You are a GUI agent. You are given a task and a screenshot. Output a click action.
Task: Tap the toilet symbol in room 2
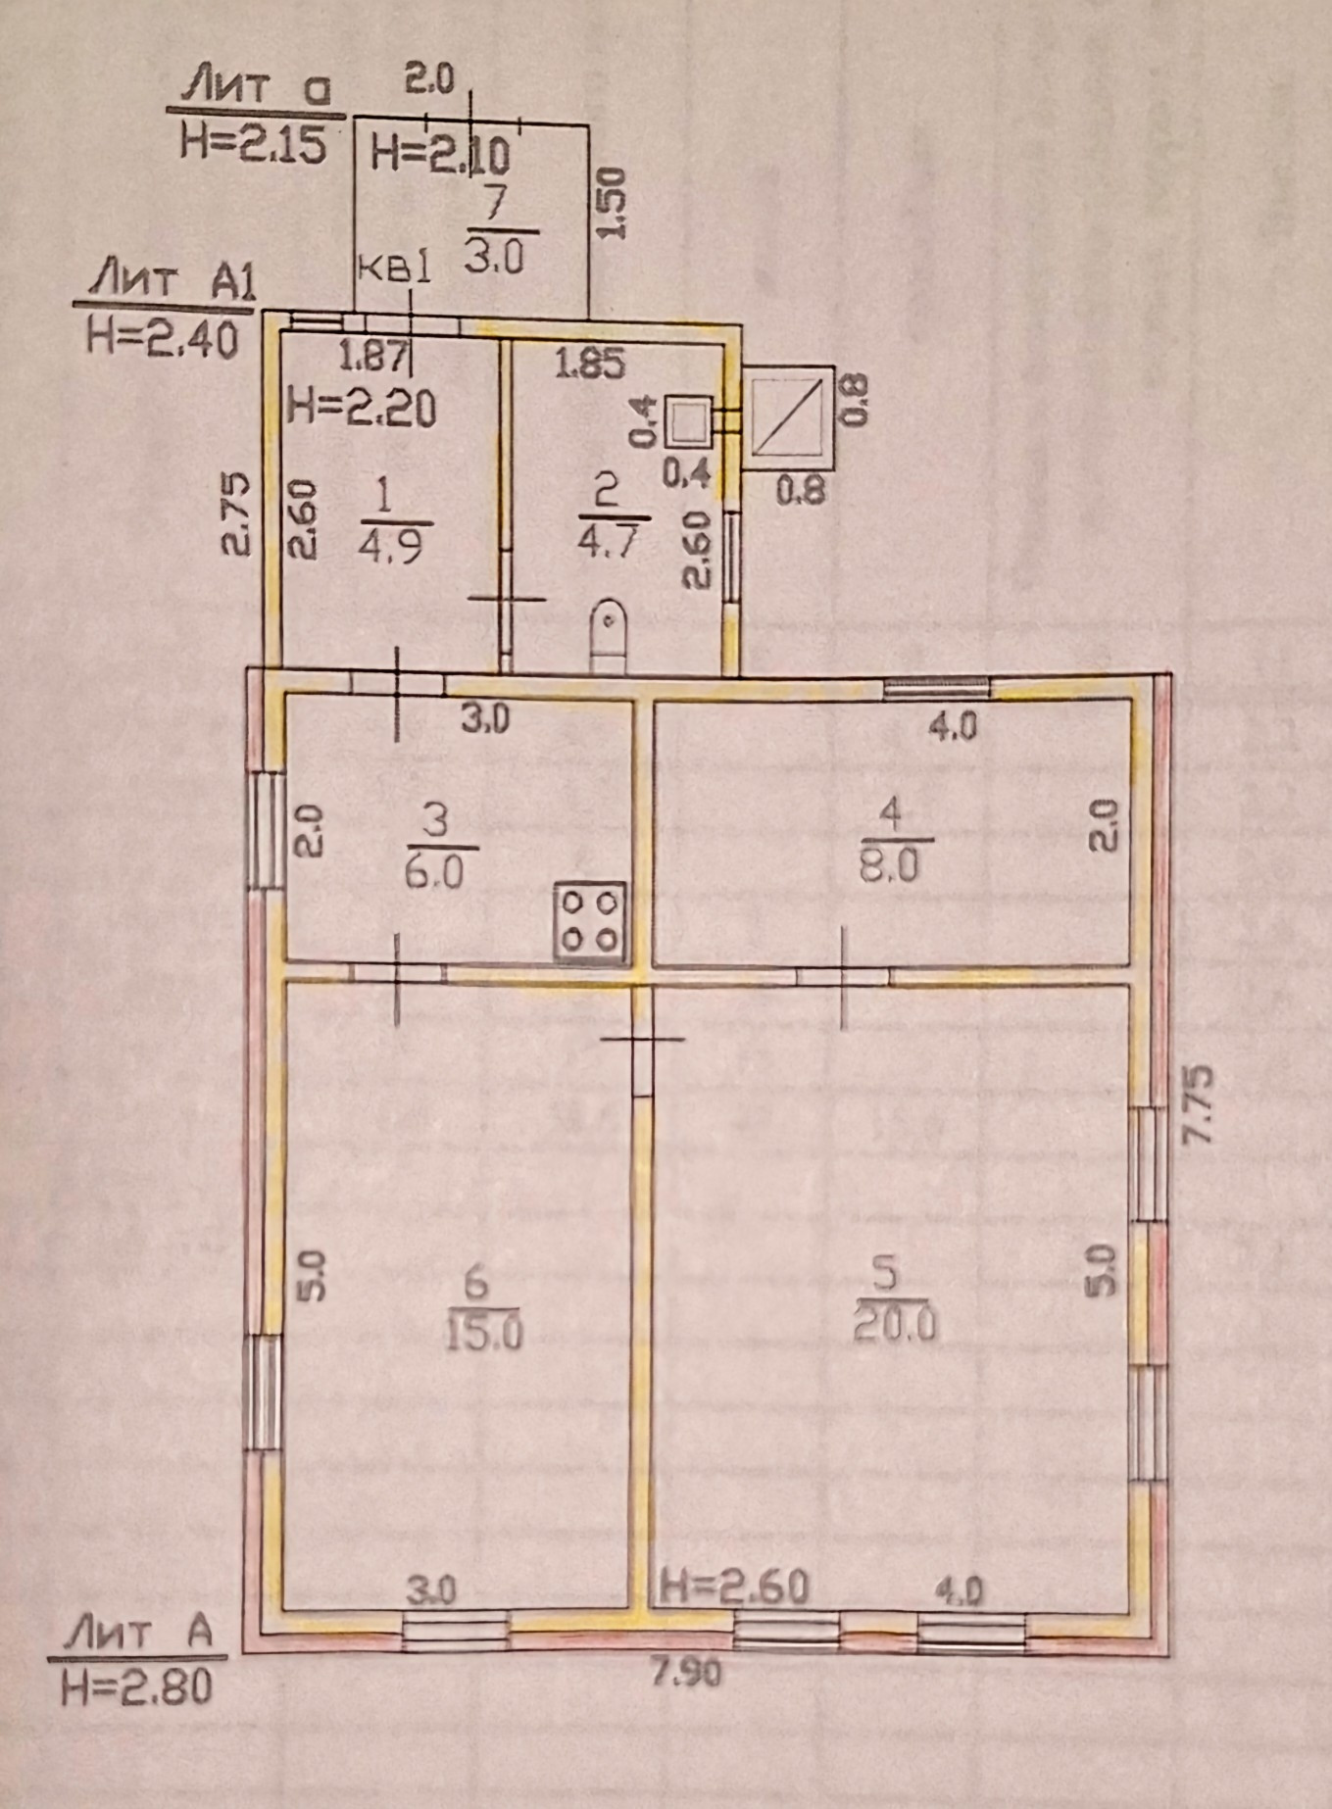(609, 637)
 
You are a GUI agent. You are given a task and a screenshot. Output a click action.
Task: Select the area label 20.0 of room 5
(895, 1325)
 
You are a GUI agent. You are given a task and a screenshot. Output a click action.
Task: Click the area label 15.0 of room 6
(485, 1333)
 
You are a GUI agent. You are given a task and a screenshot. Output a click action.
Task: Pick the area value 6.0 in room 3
(440, 870)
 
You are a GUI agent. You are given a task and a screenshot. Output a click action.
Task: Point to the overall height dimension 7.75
(1199, 1103)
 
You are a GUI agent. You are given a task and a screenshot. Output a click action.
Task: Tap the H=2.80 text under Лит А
(136, 1687)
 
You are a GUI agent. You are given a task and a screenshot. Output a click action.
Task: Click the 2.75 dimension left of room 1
(239, 515)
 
